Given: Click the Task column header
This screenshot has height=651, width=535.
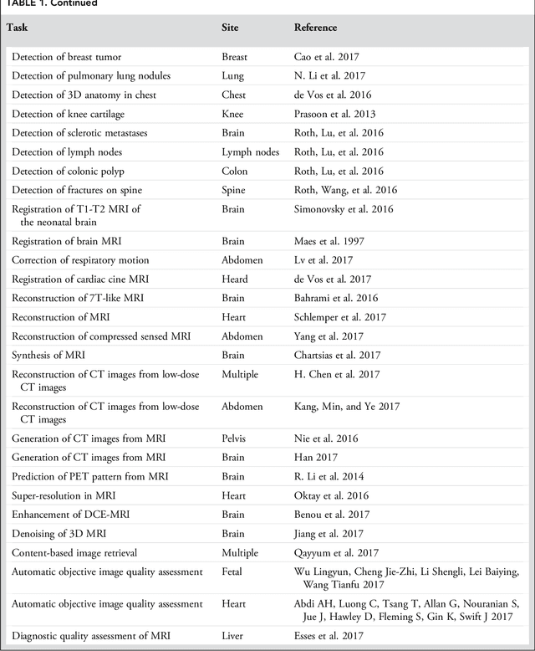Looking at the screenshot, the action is [18, 28].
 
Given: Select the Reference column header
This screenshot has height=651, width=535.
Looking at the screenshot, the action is [315, 28].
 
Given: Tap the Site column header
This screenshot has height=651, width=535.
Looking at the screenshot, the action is [230, 28].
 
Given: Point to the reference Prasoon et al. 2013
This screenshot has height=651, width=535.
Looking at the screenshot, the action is [334, 114].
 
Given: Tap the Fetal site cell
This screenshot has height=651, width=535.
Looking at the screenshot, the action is [234, 572].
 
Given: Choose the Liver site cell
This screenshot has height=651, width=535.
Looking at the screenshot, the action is [233, 637].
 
